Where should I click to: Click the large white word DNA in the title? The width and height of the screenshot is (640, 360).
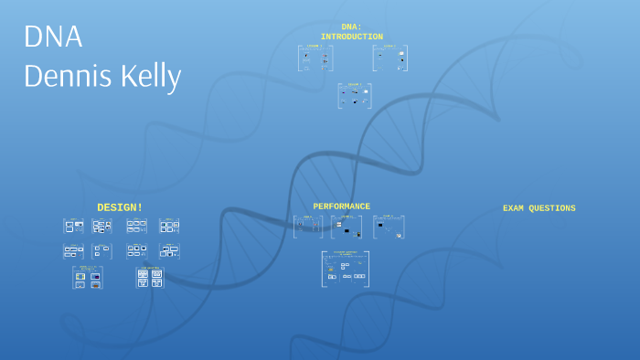pyautogui.click(x=53, y=37)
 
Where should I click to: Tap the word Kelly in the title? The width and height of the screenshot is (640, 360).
pyautogui.click(x=150, y=78)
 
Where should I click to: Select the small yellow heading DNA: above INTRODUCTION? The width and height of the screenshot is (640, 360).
pyautogui.click(x=351, y=26)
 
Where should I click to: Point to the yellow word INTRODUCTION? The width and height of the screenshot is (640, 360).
pyautogui.click(x=351, y=37)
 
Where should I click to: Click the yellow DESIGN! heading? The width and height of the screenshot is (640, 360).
pyautogui.click(x=120, y=207)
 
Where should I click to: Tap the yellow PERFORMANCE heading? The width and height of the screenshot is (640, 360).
pyautogui.click(x=341, y=206)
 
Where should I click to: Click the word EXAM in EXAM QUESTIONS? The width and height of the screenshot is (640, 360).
pyautogui.click(x=517, y=208)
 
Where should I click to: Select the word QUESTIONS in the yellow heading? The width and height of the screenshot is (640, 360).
pyautogui.click(x=555, y=208)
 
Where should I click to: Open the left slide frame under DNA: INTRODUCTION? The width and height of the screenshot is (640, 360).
pyautogui.click(x=315, y=58)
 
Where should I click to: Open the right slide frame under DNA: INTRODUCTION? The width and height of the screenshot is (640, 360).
pyautogui.click(x=390, y=58)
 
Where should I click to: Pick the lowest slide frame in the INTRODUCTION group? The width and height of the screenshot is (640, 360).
pyautogui.click(x=354, y=96)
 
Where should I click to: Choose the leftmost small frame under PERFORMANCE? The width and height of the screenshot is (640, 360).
pyautogui.click(x=308, y=227)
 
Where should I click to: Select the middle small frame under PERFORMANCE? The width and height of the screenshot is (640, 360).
pyautogui.click(x=347, y=227)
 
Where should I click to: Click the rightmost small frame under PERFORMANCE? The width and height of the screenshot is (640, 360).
pyautogui.click(x=389, y=227)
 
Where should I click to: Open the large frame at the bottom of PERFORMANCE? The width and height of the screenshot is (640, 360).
pyautogui.click(x=346, y=270)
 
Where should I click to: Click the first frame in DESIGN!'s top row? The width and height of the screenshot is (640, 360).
pyautogui.click(x=74, y=226)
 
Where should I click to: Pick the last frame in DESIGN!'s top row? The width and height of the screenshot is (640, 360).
pyautogui.click(x=169, y=226)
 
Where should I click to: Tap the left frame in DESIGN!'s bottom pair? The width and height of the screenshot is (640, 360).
pyautogui.click(x=88, y=278)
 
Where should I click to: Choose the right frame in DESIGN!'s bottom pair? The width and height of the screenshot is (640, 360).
pyautogui.click(x=150, y=278)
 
